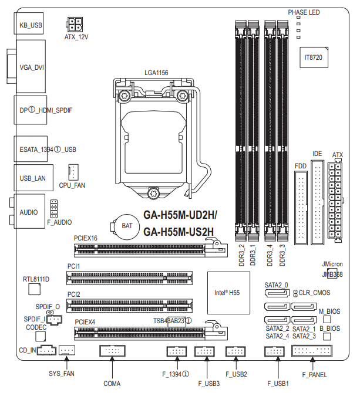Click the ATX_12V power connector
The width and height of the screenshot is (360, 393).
pos(75,24)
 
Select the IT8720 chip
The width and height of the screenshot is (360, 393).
pos(314,57)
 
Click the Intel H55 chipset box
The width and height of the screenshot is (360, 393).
pos(228,293)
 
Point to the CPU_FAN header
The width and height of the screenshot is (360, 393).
pos(73,172)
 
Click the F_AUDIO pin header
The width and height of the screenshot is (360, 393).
pos(53,209)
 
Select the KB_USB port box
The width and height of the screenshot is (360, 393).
pos(28,23)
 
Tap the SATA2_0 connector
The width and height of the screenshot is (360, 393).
pos(277,293)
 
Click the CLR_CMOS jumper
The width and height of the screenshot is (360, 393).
pos(295,293)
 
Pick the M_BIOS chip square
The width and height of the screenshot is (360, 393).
pos(327,319)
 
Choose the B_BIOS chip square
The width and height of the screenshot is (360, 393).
pos(327,336)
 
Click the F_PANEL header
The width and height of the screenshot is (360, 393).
pos(312,351)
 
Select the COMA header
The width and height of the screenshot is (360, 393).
pos(112,351)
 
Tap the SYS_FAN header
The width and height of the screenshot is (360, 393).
pos(67,350)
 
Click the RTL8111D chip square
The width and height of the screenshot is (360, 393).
pos(35,289)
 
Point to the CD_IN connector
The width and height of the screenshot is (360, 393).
pos(46,350)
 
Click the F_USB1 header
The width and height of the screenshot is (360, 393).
pos(274,351)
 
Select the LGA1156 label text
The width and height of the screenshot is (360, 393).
pos(156,73)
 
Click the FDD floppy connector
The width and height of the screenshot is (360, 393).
pos(301,208)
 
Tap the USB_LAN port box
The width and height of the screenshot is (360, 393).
pos(33,178)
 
